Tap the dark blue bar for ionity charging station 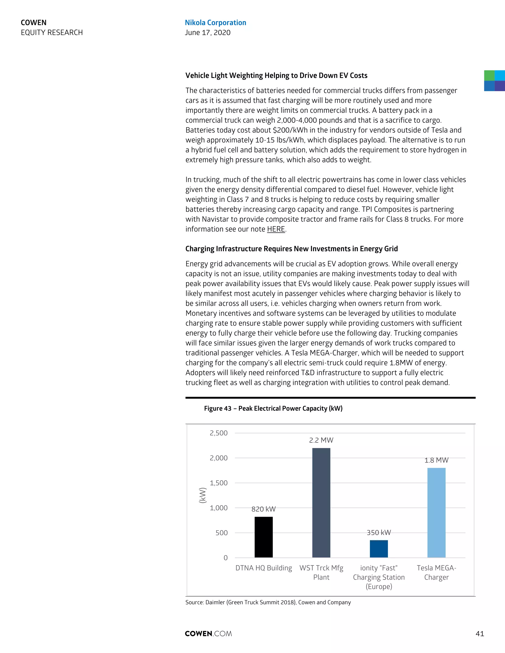(x=379, y=549)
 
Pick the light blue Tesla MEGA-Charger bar (x=436, y=513)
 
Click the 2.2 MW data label (x=321, y=440)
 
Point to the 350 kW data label (x=379, y=532)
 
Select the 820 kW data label (x=263, y=509)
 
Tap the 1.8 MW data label (x=436, y=460)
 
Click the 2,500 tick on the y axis (x=218, y=433)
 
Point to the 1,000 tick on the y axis (x=218, y=508)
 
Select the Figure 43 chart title (x=273, y=408)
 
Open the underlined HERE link (x=276, y=229)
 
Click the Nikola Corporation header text (x=216, y=23)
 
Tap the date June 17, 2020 (x=208, y=33)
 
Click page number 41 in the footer (x=480, y=634)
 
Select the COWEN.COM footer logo (x=208, y=634)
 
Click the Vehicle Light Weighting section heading (x=276, y=75)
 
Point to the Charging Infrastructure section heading (x=291, y=249)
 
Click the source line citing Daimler (x=268, y=602)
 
